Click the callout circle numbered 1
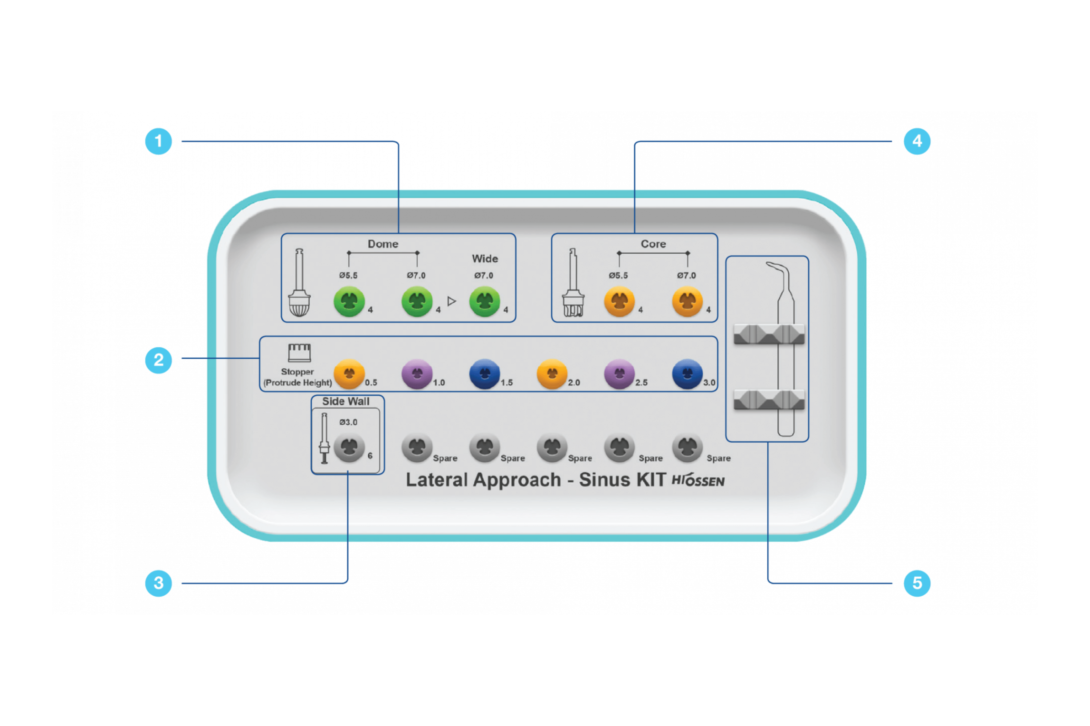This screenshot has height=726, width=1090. [159, 141]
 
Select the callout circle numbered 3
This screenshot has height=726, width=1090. [159, 583]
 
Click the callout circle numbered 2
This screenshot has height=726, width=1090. [159, 360]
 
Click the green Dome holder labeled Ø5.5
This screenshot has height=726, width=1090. [349, 301]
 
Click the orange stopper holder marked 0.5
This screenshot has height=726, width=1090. [349, 374]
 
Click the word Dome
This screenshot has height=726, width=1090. [383, 244]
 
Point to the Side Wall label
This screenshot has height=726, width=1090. [346, 402]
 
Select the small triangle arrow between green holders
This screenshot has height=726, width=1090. [451, 301]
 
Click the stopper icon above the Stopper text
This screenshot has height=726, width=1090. [299, 353]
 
